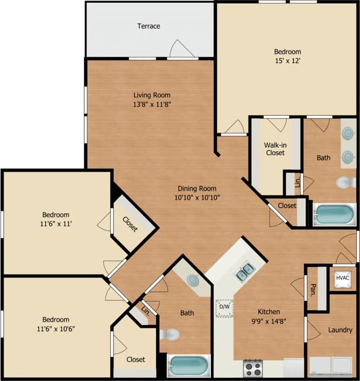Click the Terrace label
[x=148, y=26]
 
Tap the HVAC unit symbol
[x=342, y=278]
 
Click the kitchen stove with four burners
[x=253, y=368]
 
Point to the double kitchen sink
[x=244, y=271]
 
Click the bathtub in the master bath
[x=334, y=214]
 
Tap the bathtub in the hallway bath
[x=188, y=366]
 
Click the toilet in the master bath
[x=346, y=182]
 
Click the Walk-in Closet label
[x=275, y=148]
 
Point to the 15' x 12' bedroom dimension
[x=287, y=61]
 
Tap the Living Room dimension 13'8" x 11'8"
[x=151, y=104]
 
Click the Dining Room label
[x=197, y=188]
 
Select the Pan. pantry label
[x=313, y=292]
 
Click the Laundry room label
[x=340, y=330]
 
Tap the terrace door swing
[x=181, y=49]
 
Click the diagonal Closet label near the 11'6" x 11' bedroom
[x=130, y=223]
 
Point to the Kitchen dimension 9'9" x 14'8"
[x=269, y=321]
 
